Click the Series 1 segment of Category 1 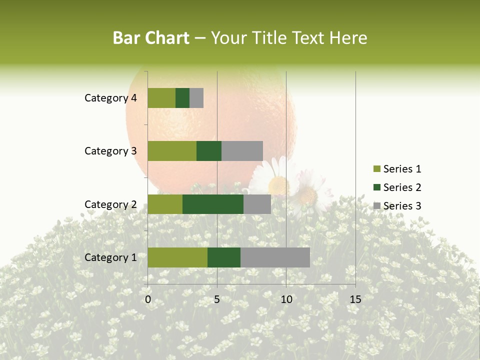(x=177, y=257)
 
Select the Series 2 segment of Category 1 (x=224, y=257)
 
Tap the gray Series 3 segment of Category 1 (x=275, y=257)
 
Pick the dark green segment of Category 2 (x=213, y=204)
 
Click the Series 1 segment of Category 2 (x=165, y=204)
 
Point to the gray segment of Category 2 (x=257, y=204)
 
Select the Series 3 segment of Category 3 (x=242, y=151)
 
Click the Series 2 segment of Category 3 (x=209, y=151)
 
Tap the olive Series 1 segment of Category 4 (x=161, y=98)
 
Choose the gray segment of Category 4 (x=196, y=98)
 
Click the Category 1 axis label (x=110, y=257)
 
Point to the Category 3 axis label (x=110, y=151)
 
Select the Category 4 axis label (x=110, y=98)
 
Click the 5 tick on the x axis (x=217, y=299)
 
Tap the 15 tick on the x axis (x=355, y=299)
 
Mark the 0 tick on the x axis (x=148, y=299)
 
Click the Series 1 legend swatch (x=376, y=169)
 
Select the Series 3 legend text (x=402, y=206)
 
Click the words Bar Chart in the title (x=151, y=38)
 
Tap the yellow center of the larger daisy (x=278, y=185)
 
